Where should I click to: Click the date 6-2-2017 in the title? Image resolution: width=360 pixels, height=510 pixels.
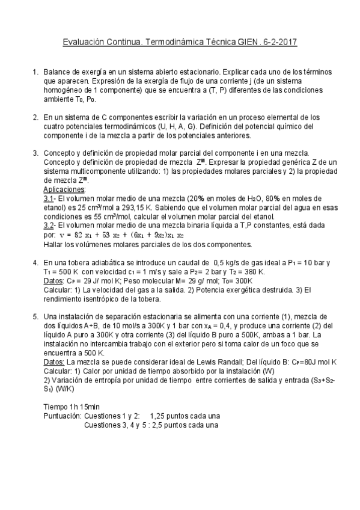(280, 43)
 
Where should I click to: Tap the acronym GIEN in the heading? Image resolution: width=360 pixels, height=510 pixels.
(249, 43)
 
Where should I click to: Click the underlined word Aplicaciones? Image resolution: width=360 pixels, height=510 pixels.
(65, 188)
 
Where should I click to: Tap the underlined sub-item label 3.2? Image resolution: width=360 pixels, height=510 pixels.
(50, 226)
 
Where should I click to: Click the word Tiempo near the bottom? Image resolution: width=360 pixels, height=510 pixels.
(57, 406)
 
